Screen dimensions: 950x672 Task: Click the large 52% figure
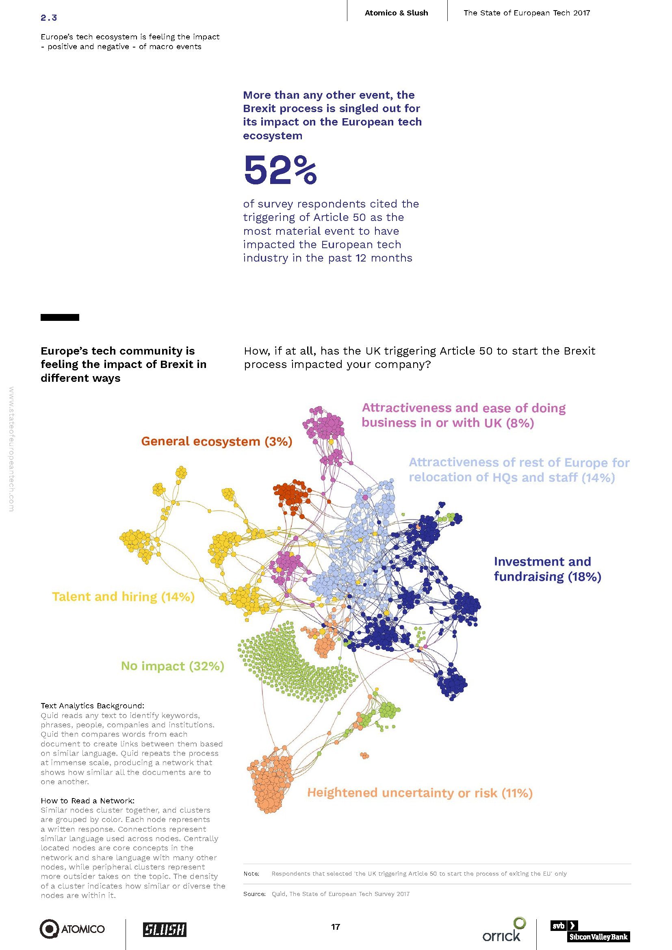(281, 170)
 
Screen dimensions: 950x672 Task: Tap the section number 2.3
(49, 18)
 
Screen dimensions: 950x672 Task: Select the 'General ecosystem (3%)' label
(217, 441)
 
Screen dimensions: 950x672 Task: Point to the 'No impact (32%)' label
(173, 666)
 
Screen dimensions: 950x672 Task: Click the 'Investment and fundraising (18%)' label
(547, 569)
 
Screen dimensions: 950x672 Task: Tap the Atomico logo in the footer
(72, 929)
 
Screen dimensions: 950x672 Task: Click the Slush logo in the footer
(165, 929)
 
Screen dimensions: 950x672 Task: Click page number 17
(336, 927)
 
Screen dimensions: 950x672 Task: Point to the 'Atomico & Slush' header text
(397, 13)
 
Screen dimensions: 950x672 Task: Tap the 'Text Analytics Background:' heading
(93, 705)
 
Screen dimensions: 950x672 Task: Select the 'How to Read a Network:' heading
(88, 801)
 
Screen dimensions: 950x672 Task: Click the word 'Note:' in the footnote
(251, 874)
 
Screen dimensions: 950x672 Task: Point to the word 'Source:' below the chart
(254, 894)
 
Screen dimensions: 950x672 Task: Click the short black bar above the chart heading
(60, 317)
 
